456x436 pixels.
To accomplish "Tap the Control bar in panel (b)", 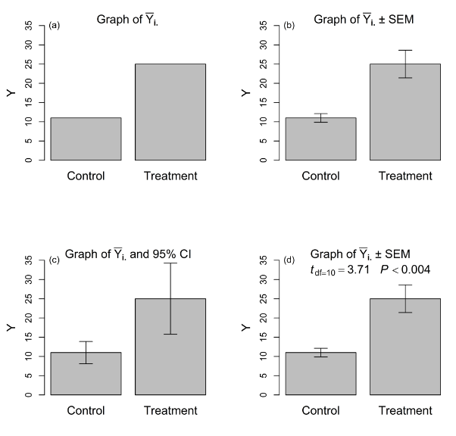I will (x=320, y=140).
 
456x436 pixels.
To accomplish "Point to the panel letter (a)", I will (x=54, y=26).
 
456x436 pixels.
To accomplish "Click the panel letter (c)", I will (x=54, y=260).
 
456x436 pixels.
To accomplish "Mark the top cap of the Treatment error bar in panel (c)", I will (x=170, y=263).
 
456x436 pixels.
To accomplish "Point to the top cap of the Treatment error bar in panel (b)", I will (x=404, y=50).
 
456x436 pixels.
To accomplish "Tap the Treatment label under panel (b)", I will (x=404, y=176).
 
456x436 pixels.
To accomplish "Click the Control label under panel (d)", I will (x=320, y=411).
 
